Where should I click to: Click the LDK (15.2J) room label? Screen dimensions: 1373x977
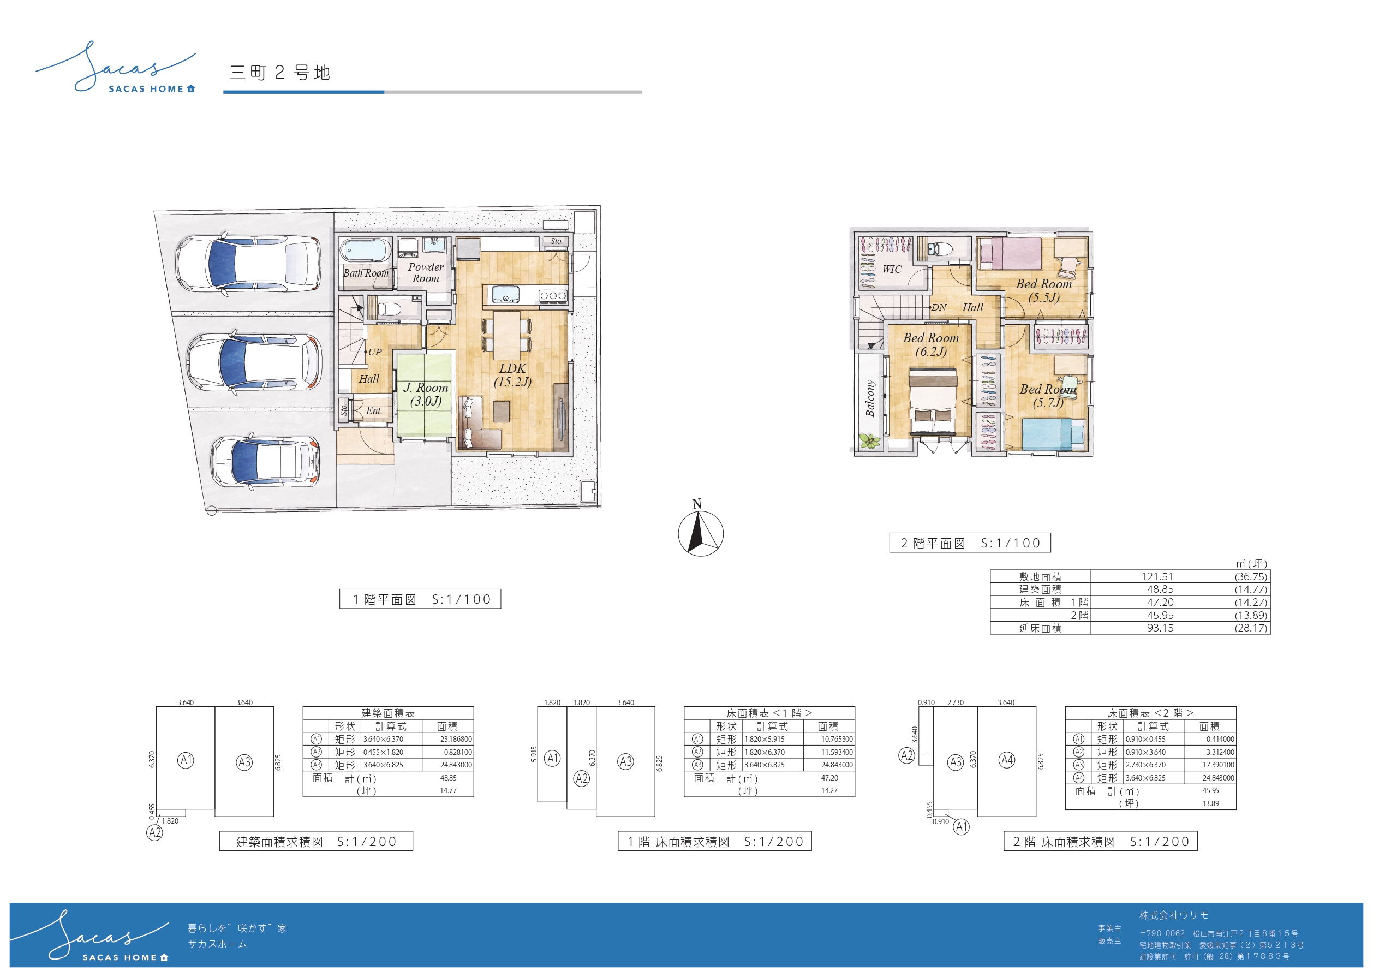click(x=512, y=375)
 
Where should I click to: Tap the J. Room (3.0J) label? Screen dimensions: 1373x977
click(x=426, y=394)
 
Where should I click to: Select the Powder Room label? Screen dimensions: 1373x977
click(x=426, y=272)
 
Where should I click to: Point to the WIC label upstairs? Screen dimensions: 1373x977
click(x=892, y=269)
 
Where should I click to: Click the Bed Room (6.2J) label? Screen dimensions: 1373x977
click(x=931, y=344)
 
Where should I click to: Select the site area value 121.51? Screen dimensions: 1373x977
click(x=1157, y=576)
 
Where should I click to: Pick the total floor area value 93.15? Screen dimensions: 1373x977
click(x=1160, y=628)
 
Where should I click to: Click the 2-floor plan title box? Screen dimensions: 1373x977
click(x=970, y=543)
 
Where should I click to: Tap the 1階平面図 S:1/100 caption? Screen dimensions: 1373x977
click(x=420, y=599)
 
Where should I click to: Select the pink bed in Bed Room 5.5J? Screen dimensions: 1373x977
click(x=1010, y=253)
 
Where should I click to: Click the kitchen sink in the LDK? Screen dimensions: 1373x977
click(x=506, y=295)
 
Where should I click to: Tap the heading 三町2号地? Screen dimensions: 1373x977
click(x=280, y=73)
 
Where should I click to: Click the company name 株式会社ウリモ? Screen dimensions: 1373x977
click(x=1174, y=915)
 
